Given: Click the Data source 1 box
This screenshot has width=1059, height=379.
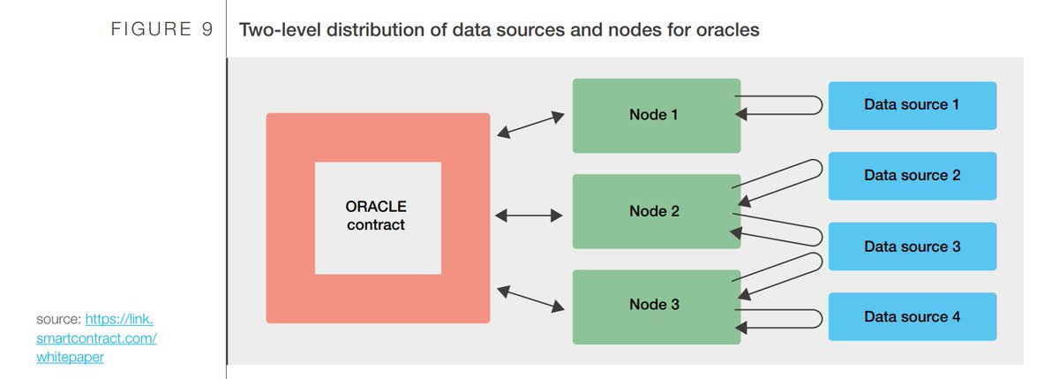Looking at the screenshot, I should (x=912, y=105).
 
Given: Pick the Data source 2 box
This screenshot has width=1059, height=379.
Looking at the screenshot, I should (x=912, y=176).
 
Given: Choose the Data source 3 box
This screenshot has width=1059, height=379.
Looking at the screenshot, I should (x=912, y=246).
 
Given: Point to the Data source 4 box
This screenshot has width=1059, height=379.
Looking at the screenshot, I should (x=912, y=316).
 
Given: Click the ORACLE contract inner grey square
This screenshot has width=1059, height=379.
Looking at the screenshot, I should (x=378, y=217).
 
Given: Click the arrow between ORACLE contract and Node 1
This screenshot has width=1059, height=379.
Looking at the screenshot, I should (x=530, y=125).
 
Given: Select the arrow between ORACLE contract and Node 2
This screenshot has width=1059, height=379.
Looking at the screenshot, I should (x=530, y=215).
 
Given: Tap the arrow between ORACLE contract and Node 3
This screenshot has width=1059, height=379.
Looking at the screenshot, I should (x=530, y=298).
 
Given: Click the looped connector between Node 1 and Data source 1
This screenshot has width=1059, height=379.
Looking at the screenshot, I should (x=781, y=105).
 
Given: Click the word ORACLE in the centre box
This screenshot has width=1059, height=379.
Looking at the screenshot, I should (x=376, y=207).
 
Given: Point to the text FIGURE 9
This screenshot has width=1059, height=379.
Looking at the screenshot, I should (x=161, y=30).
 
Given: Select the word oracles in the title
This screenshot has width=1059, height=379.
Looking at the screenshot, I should (x=730, y=30).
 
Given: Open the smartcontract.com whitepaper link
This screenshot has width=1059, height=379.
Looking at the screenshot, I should (x=97, y=338).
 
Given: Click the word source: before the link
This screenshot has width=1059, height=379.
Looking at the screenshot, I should (x=59, y=319).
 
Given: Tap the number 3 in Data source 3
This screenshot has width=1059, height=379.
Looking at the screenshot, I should (x=956, y=246).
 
